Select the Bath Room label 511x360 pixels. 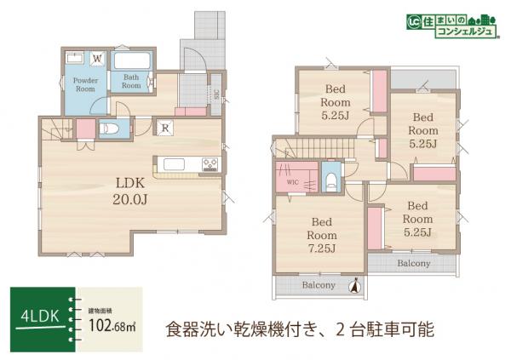coord(131,83)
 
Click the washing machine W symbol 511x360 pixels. coord(97,59)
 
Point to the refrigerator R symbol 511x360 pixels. coord(166,129)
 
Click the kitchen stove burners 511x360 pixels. coord(209,164)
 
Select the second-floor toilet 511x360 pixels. coord(330,181)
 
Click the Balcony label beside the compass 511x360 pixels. coord(318,286)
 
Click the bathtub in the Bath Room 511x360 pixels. coord(131,62)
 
